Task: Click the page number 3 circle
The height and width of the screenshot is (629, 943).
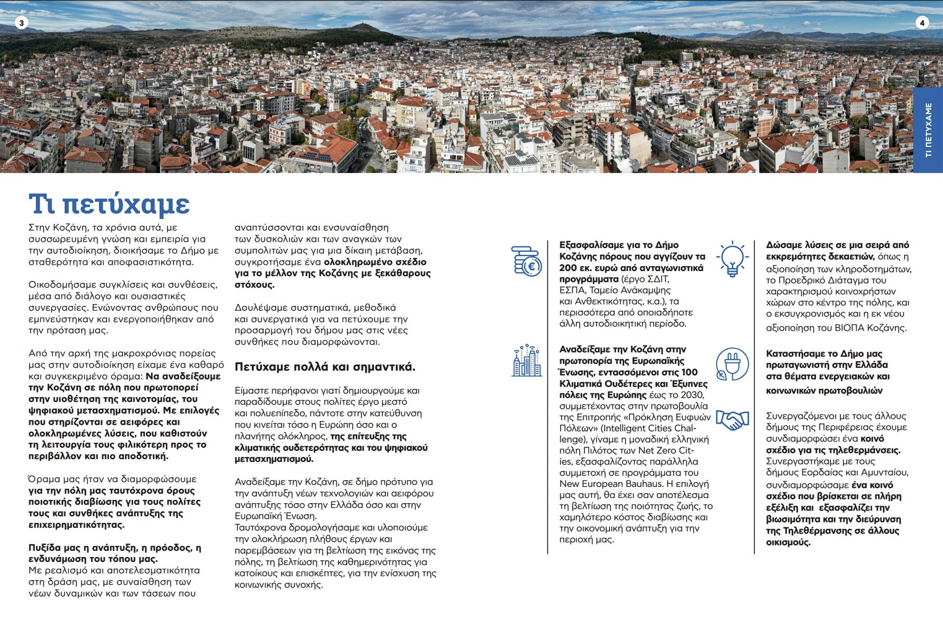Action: click(21, 23)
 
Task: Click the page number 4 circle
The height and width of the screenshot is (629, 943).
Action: click(922, 23)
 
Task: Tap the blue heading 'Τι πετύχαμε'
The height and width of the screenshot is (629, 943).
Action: click(109, 204)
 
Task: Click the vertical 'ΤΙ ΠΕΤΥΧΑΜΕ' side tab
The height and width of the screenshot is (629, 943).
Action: click(928, 130)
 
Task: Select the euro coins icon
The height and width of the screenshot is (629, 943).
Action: click(527, 261)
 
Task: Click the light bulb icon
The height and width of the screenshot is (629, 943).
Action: click(732, 259)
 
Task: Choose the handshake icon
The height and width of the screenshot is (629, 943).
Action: click(732, 420)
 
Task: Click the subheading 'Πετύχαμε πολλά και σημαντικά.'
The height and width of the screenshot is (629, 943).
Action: click(325, 367)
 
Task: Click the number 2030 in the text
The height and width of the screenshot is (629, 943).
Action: click(692, 395)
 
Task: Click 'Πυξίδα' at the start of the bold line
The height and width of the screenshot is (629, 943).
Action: click(43, 548)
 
